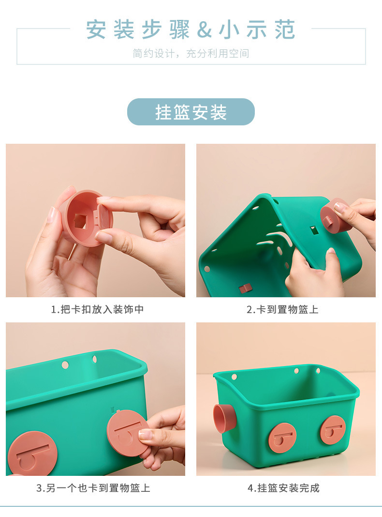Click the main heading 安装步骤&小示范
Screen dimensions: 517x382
[x=191, y=30]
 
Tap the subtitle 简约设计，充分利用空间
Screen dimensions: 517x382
[x=191, y=54]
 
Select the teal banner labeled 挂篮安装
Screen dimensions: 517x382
[x=191, y=112]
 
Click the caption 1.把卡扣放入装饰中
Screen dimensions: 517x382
[x=98, y=309]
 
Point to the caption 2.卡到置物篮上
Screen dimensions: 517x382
[x=283, y=309]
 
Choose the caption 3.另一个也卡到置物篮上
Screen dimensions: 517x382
[x=93, y=488]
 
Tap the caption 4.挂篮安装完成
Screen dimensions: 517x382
[x=283, y=488]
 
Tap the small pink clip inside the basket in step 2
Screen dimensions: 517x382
[x=245, y=289]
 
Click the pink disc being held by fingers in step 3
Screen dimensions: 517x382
[x=127, y=434]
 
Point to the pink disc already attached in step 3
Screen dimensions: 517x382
[x=32, y=454]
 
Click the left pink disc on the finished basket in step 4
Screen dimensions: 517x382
[x=282, y=438]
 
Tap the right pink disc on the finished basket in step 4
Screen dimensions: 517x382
[x=333, y=430]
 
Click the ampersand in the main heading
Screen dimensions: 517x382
[x=205, y=30]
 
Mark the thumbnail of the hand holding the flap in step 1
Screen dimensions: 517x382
[x=95, y=220]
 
